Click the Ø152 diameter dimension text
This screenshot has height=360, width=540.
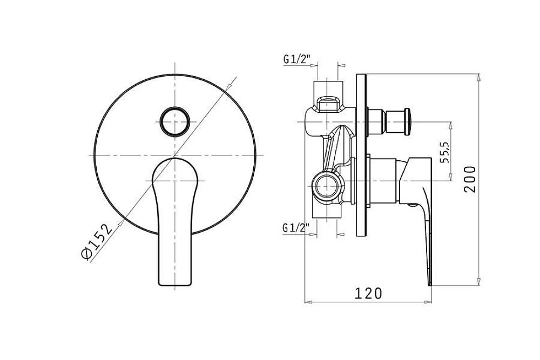[x=97, y=240]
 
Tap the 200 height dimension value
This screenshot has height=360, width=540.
[x=470, y=179]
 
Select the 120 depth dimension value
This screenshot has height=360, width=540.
[x=368, y=294]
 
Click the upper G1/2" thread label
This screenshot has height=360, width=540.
[x=297, y=59]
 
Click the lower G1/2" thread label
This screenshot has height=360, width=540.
[x=296, y=227]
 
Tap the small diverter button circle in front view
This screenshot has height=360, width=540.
[x=174, y=122]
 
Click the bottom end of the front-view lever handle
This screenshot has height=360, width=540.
[x=174, y=285]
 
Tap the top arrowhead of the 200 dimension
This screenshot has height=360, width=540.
[x=478, y=77]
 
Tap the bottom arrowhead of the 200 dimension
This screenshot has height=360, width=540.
[x=478, y=282]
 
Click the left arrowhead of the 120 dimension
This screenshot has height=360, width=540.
[x=308, y=302]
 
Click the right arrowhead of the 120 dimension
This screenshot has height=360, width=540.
[x=428, y=302]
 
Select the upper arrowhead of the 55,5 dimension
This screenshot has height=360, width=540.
[x=450, y=125]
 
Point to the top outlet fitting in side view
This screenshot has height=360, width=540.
[x=328, y=97]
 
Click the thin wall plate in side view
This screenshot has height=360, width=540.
[x=362, y=155]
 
